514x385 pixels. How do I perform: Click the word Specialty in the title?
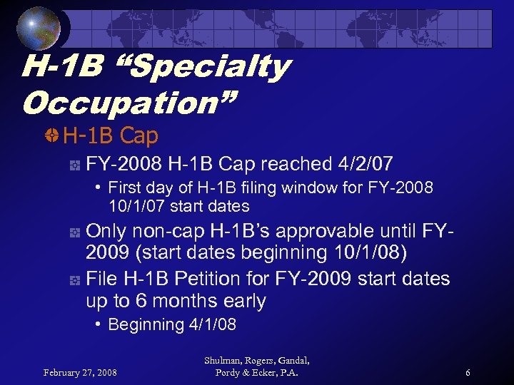point(210,68)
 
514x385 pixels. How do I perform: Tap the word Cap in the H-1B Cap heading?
point(139,135)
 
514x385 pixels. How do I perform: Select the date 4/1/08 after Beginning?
point(212,325)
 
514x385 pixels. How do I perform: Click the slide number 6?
point(467,372)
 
